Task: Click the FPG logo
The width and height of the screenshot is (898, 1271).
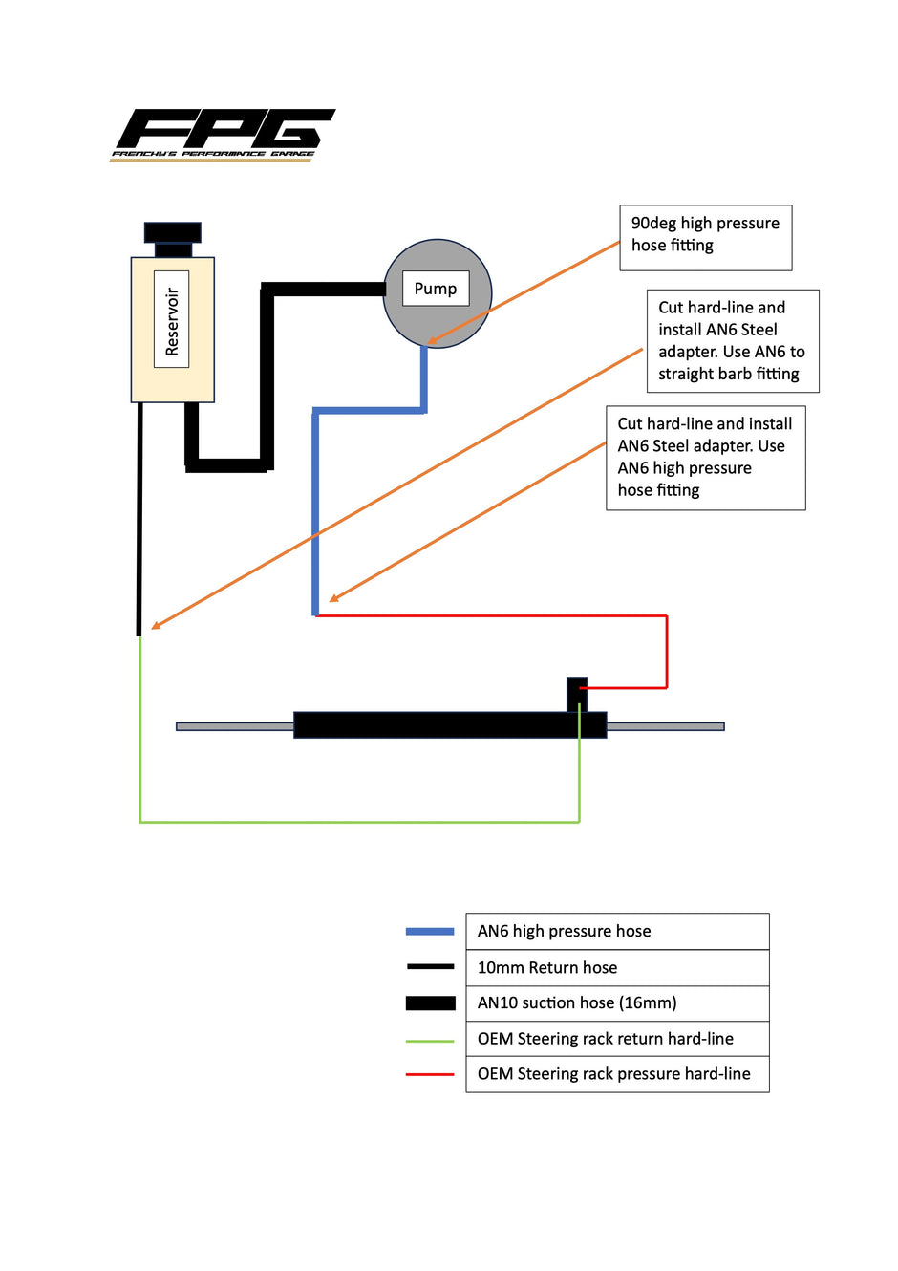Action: tap(223, 134)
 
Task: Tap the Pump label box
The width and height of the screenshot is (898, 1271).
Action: tap(436, 289)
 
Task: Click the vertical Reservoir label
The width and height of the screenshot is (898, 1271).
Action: tap(172, 320)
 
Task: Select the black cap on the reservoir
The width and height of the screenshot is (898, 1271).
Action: tap(173, 232)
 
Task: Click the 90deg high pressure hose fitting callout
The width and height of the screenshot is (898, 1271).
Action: tap(705, 237)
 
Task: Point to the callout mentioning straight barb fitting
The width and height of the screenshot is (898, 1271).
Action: tap(732, 341)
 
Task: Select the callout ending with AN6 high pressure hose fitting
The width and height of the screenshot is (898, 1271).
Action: tap(705, 458)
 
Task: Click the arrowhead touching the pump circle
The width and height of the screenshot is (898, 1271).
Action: tap(433, 339)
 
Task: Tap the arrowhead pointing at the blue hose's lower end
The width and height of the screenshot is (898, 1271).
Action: tap(333, 599)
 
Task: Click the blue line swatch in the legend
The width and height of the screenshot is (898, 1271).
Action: tap(430, 931)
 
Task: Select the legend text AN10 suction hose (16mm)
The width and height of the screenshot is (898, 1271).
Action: tap(577, 1002)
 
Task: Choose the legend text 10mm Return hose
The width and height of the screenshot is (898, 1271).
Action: tap(547, 967)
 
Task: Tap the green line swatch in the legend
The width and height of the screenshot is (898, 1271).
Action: tap(430, 1040)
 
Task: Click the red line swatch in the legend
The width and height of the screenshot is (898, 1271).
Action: tap(430, 1075)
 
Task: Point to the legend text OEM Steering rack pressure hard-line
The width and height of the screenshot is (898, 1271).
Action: tap(613, 1074)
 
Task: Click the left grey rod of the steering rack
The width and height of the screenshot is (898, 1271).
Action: tap(235, 726)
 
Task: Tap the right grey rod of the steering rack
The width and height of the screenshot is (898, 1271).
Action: tap(665, 726)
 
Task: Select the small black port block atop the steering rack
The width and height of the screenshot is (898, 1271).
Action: tap(577, 694)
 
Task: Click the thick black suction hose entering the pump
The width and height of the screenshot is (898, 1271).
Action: tap(325, 289)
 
